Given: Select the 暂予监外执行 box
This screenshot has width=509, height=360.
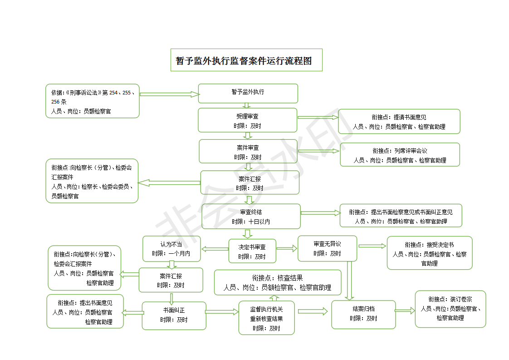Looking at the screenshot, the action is [248, 94].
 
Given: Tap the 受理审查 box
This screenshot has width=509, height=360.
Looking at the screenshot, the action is [248, 120].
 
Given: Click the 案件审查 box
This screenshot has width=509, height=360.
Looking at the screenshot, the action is [248, 152].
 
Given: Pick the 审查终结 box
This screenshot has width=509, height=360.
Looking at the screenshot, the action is [251, 217].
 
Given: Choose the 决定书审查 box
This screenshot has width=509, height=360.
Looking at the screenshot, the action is [252, 251].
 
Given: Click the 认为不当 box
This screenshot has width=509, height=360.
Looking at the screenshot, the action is [171, 249].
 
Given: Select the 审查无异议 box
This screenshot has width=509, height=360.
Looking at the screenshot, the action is [327, 249].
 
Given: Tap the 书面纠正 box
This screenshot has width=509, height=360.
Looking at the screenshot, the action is [174, 316].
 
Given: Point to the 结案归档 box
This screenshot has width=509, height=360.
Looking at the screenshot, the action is [363, 315].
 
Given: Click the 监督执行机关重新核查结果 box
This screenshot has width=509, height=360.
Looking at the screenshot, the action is [266, 318].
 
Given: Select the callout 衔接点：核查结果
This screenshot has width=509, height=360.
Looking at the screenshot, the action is [278, 282].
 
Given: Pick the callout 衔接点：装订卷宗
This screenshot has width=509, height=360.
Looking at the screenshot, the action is [450, 309].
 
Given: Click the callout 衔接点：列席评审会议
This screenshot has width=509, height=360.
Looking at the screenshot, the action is [400, 155].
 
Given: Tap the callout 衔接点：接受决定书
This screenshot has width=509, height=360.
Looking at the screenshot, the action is [430, 253].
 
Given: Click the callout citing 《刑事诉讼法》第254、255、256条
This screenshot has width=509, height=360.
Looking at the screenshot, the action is [93, 101].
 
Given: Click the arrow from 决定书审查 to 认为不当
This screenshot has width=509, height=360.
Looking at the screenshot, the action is [215, 249].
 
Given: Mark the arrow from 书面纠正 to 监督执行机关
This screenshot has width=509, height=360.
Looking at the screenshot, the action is [222, 312].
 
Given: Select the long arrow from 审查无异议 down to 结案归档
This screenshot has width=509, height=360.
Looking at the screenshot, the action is [349, 281].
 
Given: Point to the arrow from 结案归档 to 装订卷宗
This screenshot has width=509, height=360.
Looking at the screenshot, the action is [405, 311].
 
